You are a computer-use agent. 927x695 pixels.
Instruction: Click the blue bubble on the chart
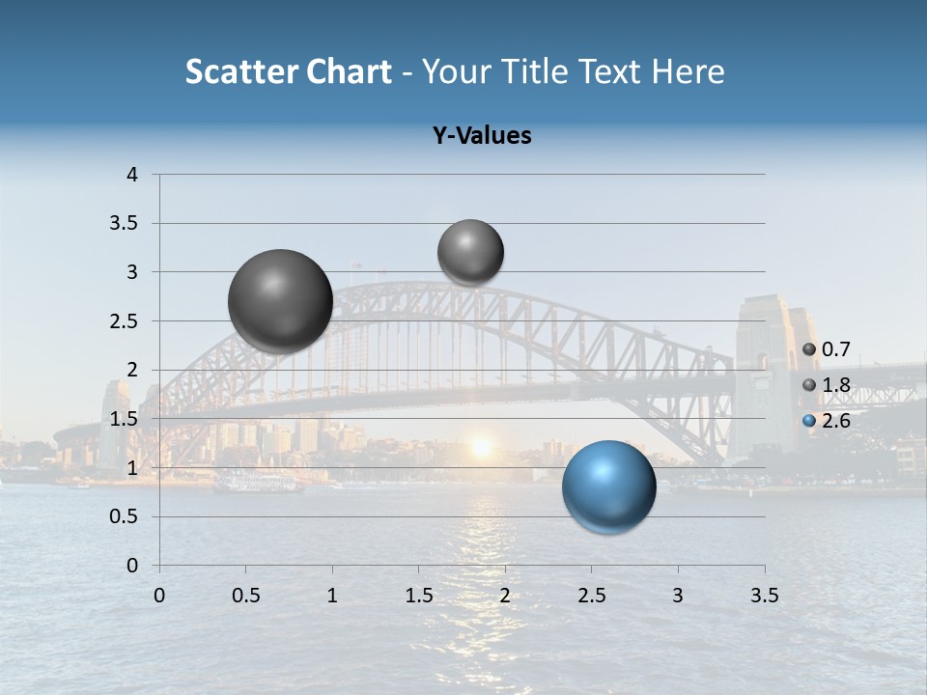coord(608,486)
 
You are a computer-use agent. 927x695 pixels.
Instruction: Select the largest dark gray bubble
coord(280,301)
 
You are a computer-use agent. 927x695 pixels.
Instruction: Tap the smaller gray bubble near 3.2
coord(470,252)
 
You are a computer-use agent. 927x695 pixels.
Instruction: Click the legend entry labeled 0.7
coord(828,348)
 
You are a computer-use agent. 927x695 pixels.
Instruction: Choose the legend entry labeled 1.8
coord(828,385)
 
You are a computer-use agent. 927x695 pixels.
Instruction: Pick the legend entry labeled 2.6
coord(828,421)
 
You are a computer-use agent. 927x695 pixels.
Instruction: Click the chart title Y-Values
coord(481,136)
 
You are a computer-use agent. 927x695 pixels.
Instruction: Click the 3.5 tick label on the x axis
coord(764,596)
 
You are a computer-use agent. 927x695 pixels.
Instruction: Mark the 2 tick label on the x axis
coord(504,596)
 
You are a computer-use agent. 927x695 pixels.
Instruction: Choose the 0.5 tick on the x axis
coord(245,596)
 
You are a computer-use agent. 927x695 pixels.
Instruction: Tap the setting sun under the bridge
coord(480,447)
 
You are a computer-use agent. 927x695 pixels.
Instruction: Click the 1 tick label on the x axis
coord(332,596)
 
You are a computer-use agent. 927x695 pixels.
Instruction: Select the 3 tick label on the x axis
coord(677,596)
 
